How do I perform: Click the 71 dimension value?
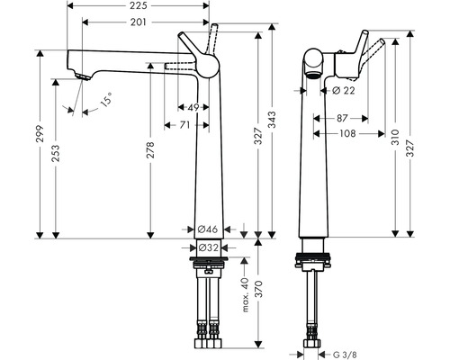[x=184, y=125]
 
